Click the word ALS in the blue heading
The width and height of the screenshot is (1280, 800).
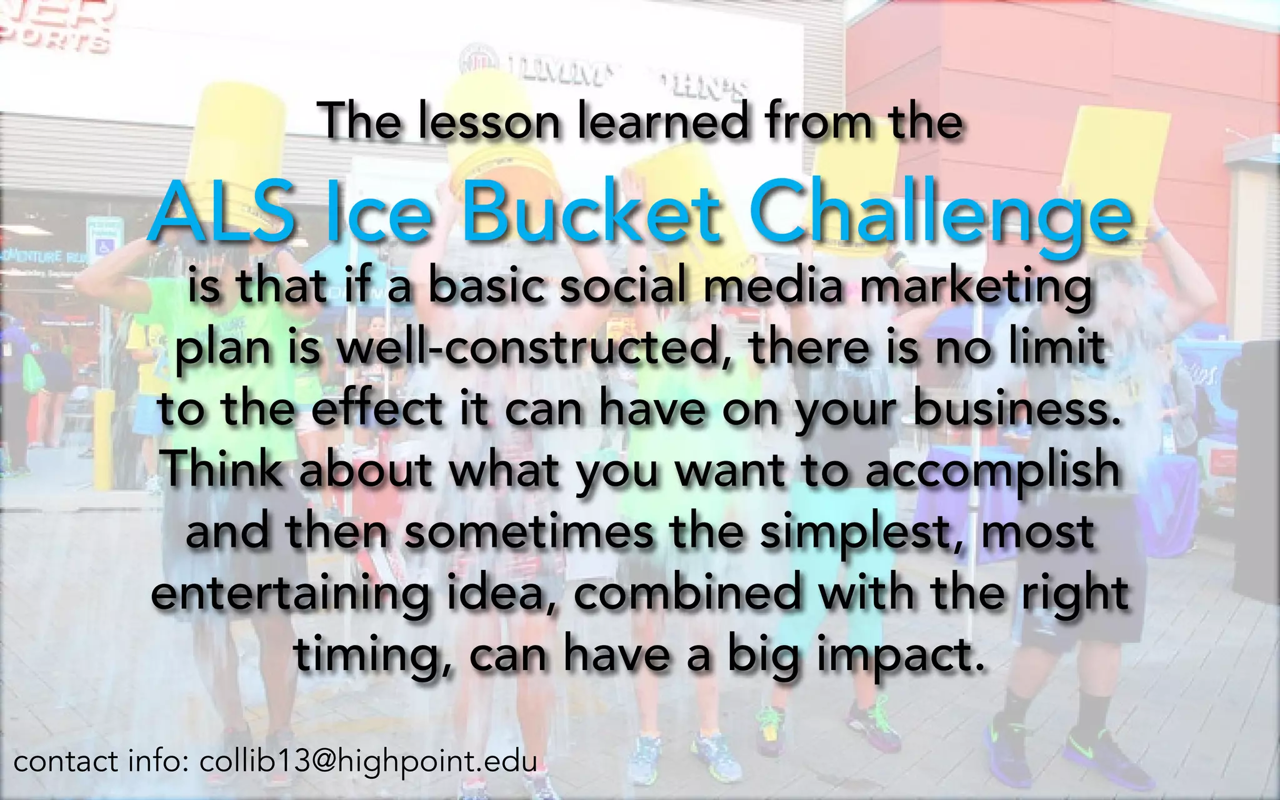222,212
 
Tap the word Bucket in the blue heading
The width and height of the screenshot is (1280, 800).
591,212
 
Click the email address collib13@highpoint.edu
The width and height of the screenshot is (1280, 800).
368,762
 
